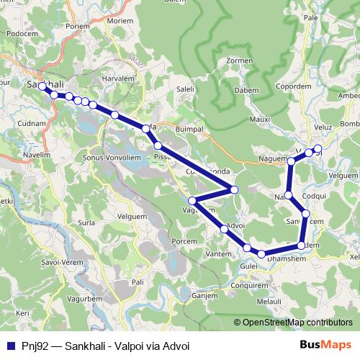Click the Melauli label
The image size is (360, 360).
point(270,302)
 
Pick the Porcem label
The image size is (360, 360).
point(185,241)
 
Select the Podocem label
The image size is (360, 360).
point(22,33)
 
